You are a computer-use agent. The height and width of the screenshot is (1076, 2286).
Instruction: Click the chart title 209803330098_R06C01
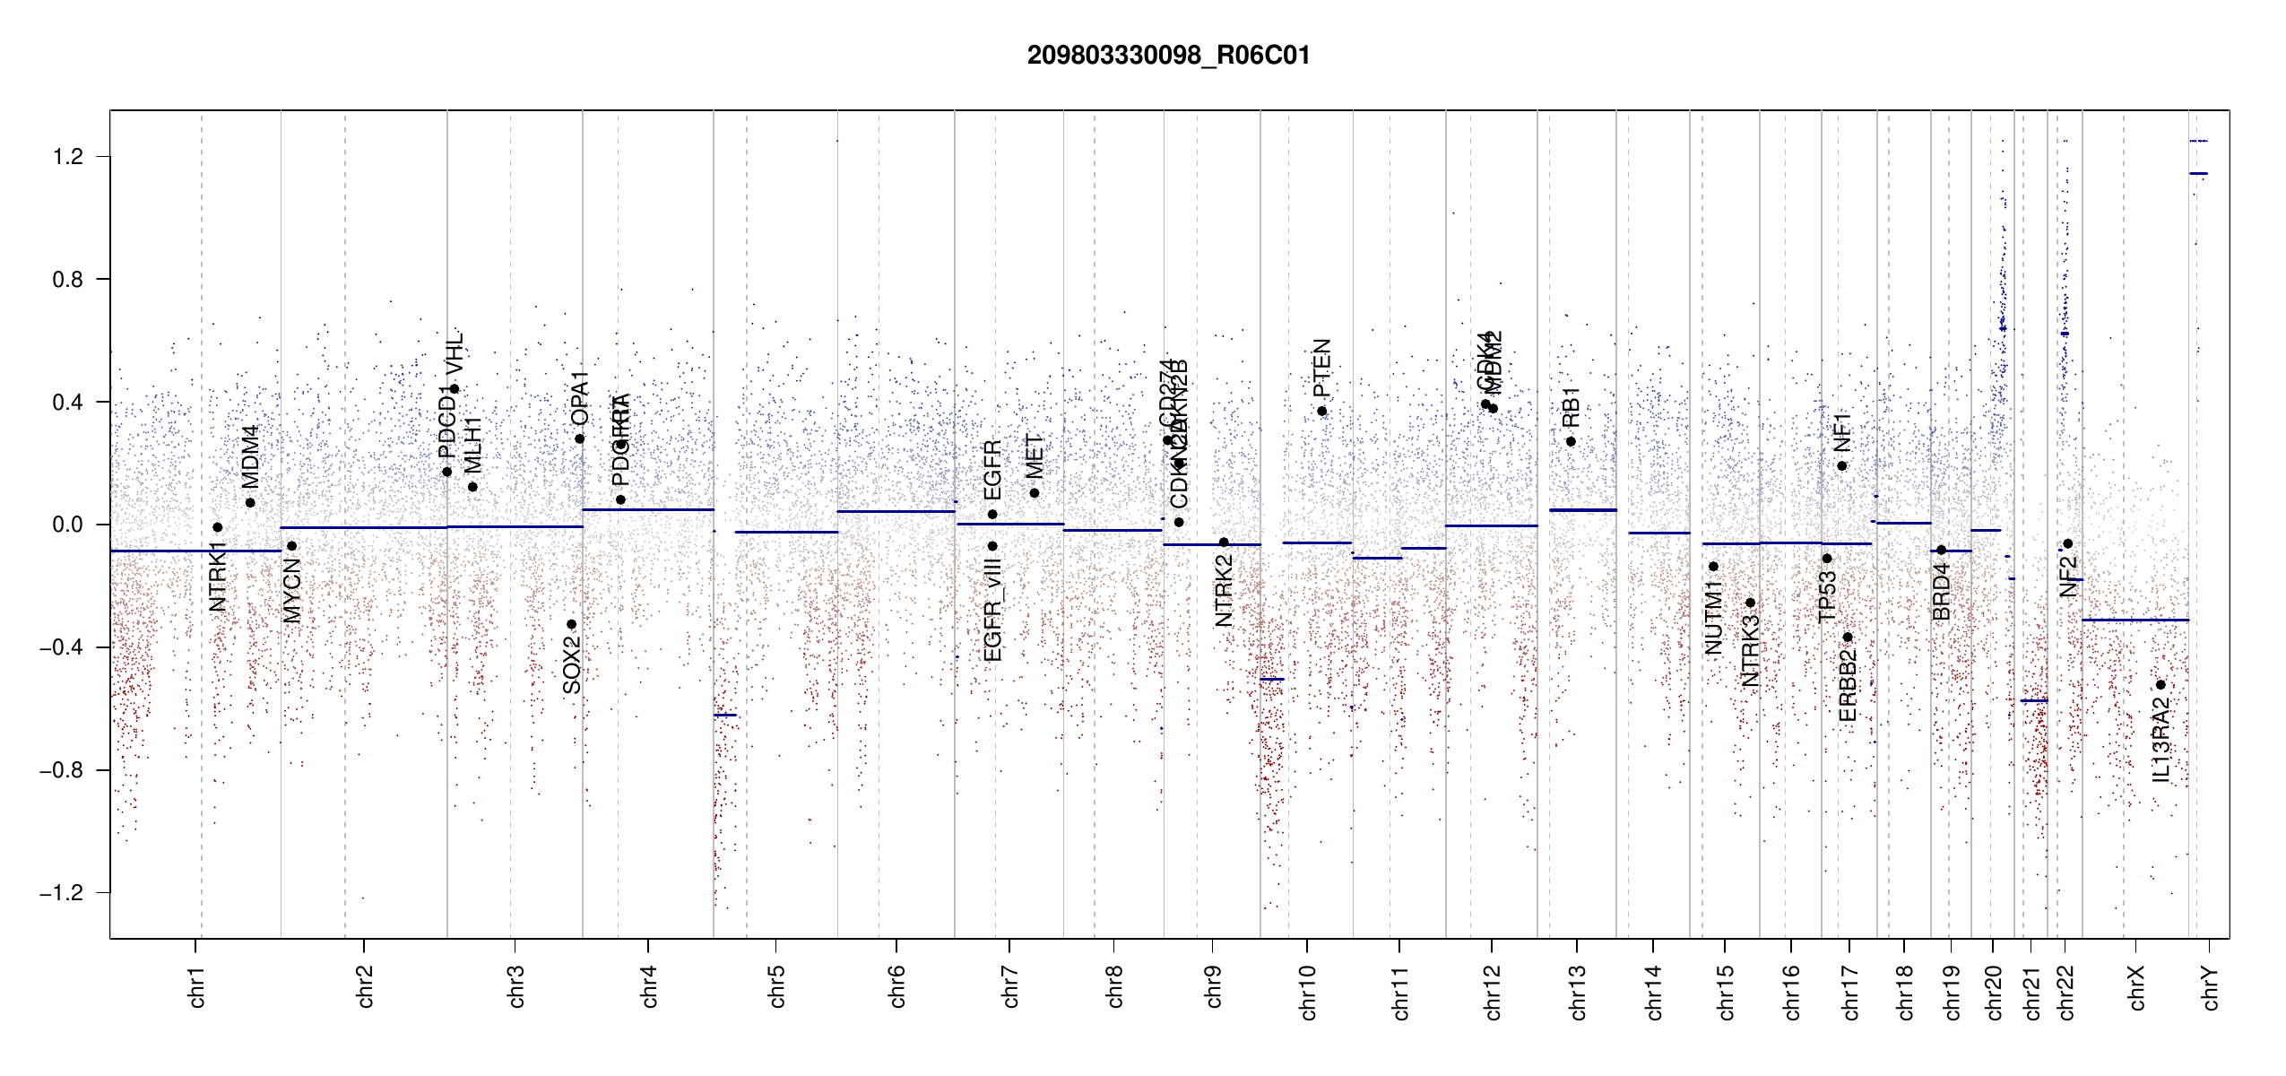(1168, 56)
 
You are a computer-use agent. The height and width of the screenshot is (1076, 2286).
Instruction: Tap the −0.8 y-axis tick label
(61, 770)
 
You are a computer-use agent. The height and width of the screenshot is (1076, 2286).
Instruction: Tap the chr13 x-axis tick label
(1578, 992)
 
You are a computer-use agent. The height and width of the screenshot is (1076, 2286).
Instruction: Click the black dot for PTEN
(1321, 412)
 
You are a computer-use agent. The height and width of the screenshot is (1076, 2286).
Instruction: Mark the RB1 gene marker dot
(1571, 441)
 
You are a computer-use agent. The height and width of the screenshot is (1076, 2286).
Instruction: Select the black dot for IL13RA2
(2160, 685)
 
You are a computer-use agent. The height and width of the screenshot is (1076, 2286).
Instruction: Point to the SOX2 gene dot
(571, 624)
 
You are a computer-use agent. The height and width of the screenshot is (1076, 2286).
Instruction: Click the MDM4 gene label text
(249, 456)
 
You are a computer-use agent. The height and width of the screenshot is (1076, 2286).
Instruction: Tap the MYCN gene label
(292, 590)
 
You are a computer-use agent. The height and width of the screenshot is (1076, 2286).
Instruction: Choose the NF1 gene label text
(1842, 432)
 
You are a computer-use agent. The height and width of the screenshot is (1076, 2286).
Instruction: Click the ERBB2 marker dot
(1848, 638)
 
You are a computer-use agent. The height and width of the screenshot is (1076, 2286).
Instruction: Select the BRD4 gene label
(1942, 592)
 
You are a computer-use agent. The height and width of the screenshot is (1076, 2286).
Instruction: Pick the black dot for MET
(1035, 493)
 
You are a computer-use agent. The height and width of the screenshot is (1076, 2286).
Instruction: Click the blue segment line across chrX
(2134, 620)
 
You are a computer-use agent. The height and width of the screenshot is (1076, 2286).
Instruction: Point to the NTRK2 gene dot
(1224, 542)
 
